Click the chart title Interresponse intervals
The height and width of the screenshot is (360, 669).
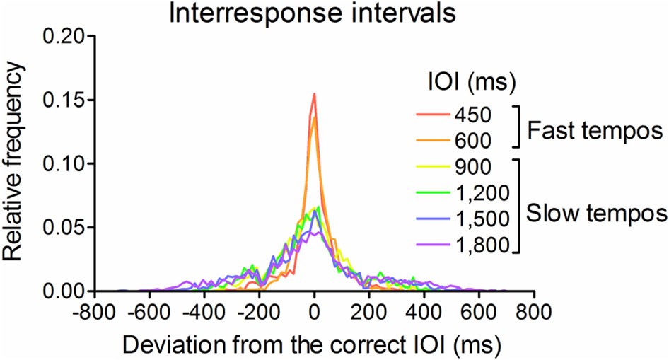click(x=313, y=14)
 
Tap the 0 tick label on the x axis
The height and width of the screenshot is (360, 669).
click(x=314, y=310)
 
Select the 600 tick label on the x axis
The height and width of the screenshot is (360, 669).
click(x=479, y=310)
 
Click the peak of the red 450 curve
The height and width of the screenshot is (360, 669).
click(x=314, y=93)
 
